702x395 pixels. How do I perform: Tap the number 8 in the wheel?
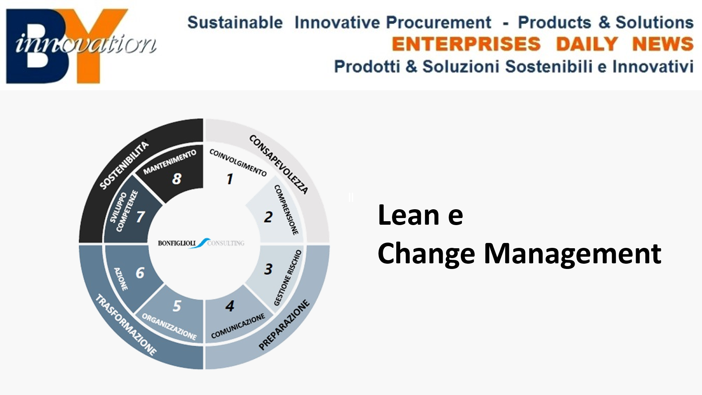pyautogui.click(x=177, y=179)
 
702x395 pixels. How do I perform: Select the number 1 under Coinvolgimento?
pyautogui.click(x=230, y=179)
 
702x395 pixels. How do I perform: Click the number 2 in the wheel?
pyautogui.click(x=268, y=217)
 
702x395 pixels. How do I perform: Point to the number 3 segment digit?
pyautogui.click(x=268, y=269)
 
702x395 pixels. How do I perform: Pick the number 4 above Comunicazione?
pyautogui.click(x=230, y=306)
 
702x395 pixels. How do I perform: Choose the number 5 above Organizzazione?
pyautogui.click(x=177, y=306)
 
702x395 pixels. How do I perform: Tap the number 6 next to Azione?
pyautogui.click(x=140, y=273)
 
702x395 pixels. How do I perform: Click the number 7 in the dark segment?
pyautogui.click(x=140, y=217)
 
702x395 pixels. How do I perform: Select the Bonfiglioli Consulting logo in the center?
pyautogui.click(x=201, y=243)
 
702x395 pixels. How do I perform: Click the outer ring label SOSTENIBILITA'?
pyautogui.click(x=124, y=165)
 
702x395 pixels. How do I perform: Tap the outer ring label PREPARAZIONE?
pyautogui.click(x=284, y=325)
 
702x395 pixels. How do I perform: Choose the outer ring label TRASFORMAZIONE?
pyautogui.click(x=126, y=325)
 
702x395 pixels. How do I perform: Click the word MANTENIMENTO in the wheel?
pyautogui.click(x=170, y=162)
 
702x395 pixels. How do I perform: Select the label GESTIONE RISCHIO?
pyautogui.click(x=288, y=277)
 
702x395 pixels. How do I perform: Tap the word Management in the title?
pyautogui.click(x=572, y=254)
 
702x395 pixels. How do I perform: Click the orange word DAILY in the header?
pyautogui.click(x=587, y=44)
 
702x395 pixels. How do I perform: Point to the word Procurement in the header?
pyautogui.click(x=439, y=22)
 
